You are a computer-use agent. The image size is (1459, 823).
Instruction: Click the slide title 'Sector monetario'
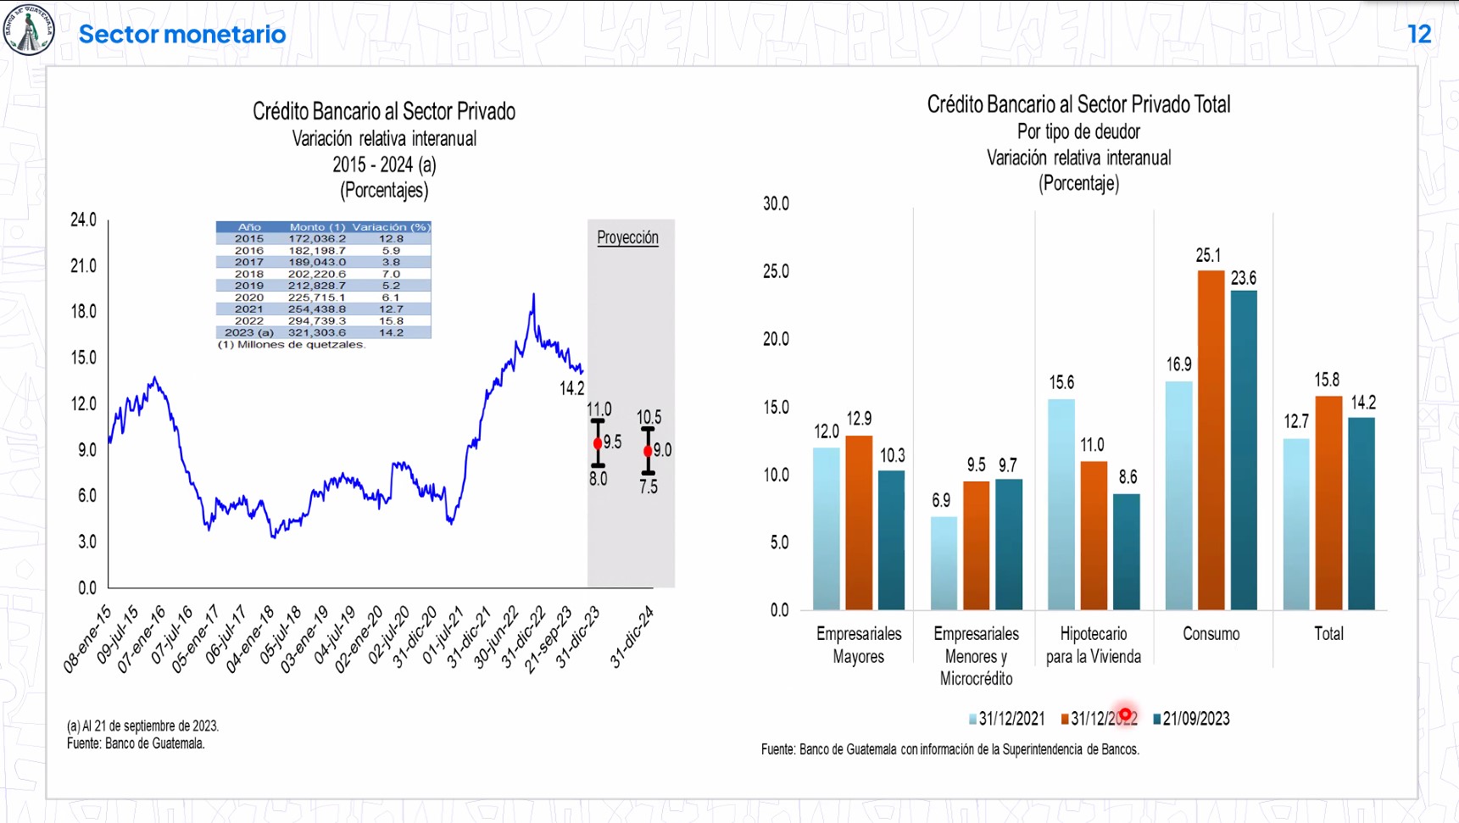[182, 34]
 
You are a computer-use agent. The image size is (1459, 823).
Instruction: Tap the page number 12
[1419, 34]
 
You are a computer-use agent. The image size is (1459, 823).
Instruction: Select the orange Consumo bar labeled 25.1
[1211, 441]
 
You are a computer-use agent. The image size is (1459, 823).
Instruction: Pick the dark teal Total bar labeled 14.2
[1361, 514]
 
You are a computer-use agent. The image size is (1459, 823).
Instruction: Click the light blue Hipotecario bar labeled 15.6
[1061, 504]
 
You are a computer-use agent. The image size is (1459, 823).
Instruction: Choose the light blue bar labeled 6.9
[944, 563]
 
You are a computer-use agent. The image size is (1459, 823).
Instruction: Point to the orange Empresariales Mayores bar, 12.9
[859, 523]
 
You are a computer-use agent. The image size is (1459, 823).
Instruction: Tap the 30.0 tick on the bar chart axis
[776, 203]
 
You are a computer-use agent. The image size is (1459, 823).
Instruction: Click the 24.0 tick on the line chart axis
[83, 220]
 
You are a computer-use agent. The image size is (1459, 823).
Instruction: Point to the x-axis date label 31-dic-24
[632, 637]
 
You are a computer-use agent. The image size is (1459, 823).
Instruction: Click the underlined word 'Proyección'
[627, 237]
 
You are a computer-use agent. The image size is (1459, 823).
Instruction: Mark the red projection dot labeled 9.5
[598, 443]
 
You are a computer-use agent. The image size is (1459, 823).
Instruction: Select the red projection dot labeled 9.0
[648, 451]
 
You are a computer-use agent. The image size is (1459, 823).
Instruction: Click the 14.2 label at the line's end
[572, 388]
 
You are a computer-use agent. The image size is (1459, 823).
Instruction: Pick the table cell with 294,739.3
[317, 321]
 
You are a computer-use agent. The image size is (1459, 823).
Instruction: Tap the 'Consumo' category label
[1211, 634]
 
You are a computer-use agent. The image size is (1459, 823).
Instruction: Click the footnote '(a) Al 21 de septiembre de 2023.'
[142, 726]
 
